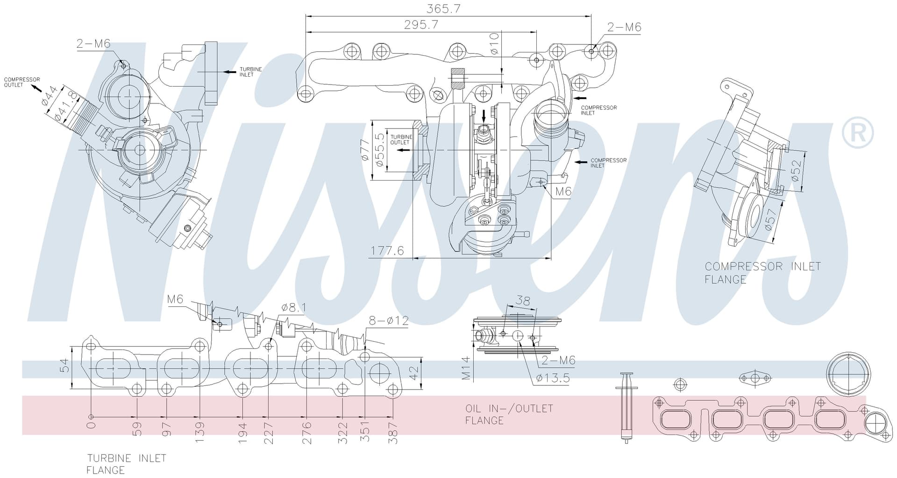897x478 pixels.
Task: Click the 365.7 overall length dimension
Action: [443, 9]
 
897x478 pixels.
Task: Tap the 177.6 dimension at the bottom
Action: [387, 251]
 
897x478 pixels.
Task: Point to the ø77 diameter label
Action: [365, 150]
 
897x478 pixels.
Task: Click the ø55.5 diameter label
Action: [379, 150]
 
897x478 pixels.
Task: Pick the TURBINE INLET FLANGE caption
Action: [127, 464]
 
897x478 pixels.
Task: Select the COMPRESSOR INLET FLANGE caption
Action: [762, 273]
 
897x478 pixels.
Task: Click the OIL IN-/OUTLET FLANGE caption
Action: [509, 414]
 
